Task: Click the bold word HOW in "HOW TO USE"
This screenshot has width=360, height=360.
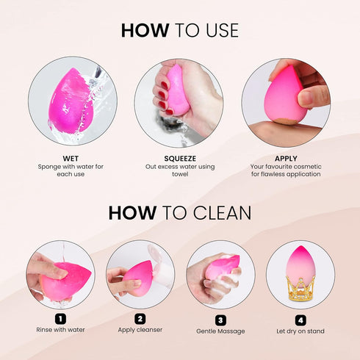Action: [145, 31]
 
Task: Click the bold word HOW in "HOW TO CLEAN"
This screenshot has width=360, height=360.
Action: [132, 213]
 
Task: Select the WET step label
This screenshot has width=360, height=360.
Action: [71, 158]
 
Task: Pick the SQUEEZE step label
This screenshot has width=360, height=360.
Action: [180, 158]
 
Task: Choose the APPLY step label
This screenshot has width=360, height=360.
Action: [286, 158]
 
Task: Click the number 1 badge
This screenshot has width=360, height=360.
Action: [60, 319]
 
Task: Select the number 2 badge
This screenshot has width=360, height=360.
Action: [140, 319]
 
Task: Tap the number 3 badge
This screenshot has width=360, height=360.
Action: [220, 320]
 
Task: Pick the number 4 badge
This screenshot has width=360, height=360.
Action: [300, 320]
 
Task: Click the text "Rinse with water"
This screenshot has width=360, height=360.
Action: [60, 330]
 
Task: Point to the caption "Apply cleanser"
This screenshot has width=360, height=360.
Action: [140, 330]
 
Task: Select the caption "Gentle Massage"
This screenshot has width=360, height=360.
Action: [220, 331]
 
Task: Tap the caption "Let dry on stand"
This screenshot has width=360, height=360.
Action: [300, 331]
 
